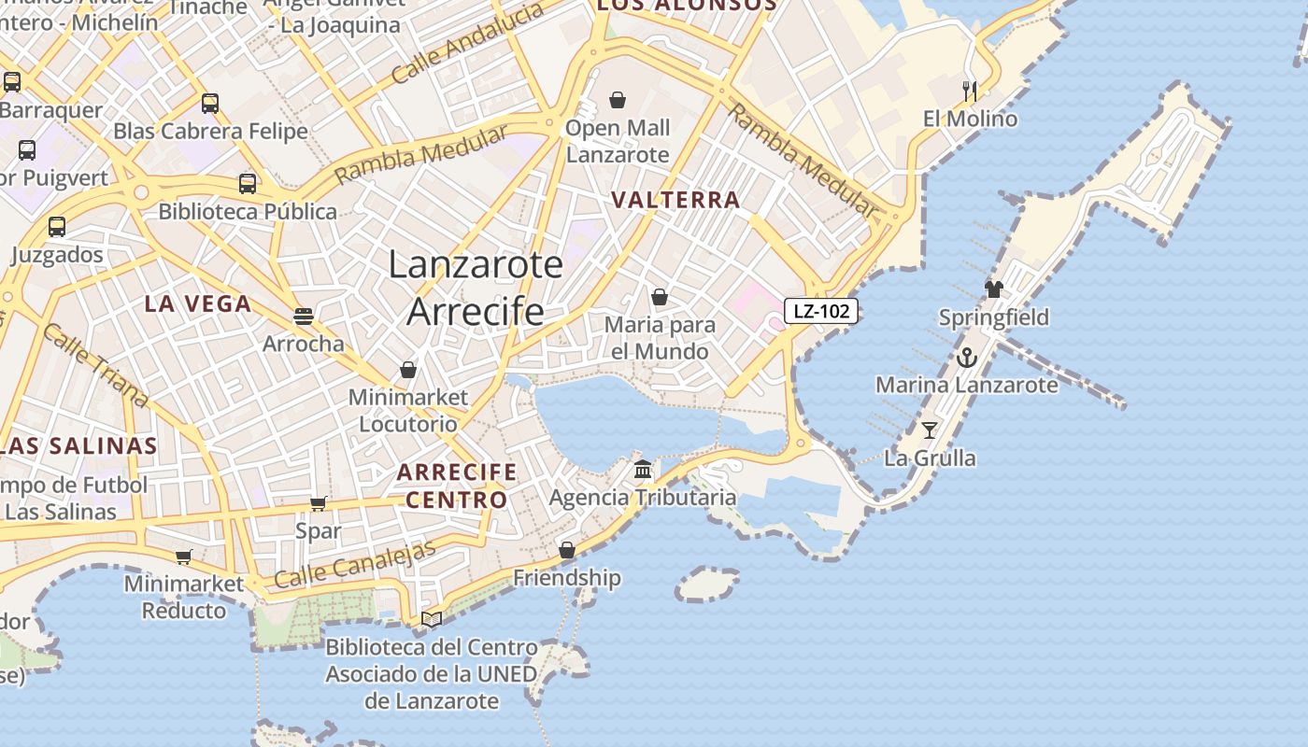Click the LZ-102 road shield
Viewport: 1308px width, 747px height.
click(x=820, y=311)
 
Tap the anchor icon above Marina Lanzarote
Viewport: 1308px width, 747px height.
click(x=966, y=357)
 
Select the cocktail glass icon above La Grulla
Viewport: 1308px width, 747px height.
click(x=929, y=430)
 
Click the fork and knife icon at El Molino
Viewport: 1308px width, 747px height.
click(x=970, y=91)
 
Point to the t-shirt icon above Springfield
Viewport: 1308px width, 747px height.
click(x=993, y=289)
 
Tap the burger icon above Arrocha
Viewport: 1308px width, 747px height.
click(x=303, y=316)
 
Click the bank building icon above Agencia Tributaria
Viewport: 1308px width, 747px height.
click(x=643, y=469)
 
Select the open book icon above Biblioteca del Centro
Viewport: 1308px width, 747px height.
click(x=431, y=618)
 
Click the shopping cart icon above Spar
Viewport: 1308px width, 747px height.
click(x=318, y=503)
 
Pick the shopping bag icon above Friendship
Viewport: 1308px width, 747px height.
click(x=566, y=550)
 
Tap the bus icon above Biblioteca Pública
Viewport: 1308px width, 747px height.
click(x=247, y=183)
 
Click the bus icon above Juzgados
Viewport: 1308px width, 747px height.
click(x=56, y=226)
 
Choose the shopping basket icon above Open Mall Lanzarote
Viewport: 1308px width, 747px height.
click(x=617, y=99)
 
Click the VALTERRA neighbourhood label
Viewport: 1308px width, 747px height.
click(x=675, y=200)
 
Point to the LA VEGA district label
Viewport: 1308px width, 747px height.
click(x=198, y=303)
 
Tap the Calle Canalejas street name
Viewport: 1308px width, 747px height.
click(x=356, y=565)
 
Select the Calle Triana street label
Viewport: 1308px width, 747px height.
click(x=95, y=366)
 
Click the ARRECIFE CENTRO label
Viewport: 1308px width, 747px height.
click(x=456, y=486)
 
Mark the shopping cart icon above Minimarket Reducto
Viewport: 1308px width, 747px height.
click(x=183, y=557)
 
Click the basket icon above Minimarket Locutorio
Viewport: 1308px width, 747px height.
click(x=407, y=370)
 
